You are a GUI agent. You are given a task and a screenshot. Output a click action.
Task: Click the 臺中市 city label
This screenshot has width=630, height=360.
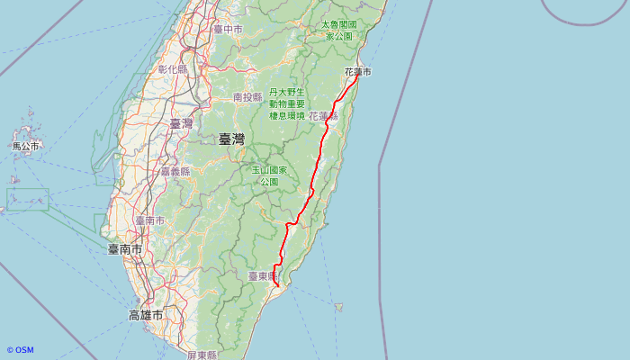(229, 29)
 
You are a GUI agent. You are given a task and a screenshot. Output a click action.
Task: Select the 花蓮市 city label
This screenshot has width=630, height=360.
(357, 71)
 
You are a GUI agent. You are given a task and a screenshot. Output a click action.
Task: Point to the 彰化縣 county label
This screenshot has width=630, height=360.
(173, 68)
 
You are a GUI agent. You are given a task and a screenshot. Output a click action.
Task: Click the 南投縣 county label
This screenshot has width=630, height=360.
(247, 96)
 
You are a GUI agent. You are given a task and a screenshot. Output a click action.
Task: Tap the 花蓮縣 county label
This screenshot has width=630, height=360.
(323, 116)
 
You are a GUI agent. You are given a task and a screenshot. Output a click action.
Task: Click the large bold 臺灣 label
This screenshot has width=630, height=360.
(231, 139)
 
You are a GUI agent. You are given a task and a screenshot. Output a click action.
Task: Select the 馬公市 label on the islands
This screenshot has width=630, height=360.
(25, 146)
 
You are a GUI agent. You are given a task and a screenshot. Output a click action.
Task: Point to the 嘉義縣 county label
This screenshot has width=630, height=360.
(175, 171)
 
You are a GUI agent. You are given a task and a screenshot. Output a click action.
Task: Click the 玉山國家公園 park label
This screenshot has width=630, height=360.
(269, 175)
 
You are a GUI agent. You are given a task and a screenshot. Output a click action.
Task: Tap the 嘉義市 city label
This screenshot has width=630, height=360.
(149, 220)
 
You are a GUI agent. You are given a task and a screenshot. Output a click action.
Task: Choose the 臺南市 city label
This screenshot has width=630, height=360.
(125, 249)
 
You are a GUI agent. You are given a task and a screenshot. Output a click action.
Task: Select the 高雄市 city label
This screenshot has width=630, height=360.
(145, 316)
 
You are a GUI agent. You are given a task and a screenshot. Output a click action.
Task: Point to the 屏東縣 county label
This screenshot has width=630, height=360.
(202, 355)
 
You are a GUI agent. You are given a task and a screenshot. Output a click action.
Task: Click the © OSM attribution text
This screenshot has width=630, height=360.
(20, 350)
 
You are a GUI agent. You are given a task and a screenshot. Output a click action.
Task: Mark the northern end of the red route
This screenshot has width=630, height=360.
(357, 76)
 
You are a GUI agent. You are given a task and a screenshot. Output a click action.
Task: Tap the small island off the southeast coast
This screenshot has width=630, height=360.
(338, 307)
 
